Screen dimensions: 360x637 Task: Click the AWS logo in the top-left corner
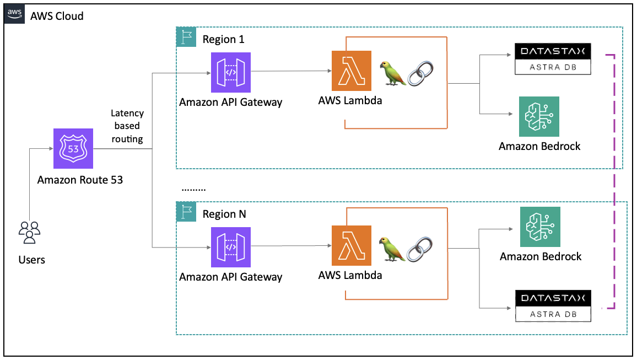point(14,14)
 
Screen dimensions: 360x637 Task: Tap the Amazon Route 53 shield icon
point(73,148)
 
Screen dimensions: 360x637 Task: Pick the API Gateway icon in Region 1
point(230,72)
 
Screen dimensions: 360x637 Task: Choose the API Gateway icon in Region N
point(230,247)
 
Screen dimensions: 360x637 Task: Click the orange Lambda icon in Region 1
point(351,71)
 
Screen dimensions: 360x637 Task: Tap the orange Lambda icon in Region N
point(351,246)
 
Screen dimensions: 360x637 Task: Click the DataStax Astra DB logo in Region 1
point(553,59)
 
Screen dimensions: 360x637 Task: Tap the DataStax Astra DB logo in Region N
point(553,305)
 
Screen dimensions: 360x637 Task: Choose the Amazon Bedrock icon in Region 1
point(539,116)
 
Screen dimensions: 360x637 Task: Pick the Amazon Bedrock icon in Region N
point(540,227)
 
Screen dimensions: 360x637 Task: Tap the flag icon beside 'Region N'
point(185,212)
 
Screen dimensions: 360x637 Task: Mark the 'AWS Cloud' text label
point(57,16)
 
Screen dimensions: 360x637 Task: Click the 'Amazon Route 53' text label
point(80,180)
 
